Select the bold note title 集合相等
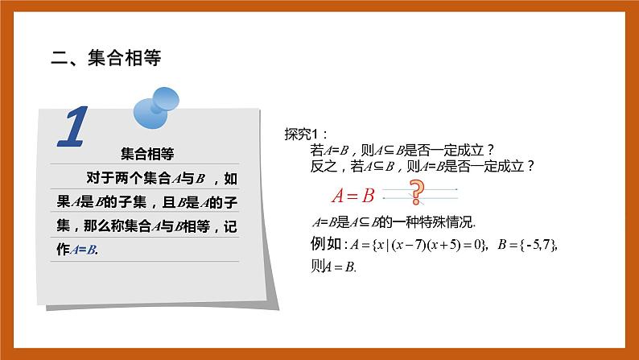146,153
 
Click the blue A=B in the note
84,250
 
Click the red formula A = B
353,195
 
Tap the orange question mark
416,192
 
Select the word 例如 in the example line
324,245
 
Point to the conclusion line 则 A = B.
333,267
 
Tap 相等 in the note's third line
192,226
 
